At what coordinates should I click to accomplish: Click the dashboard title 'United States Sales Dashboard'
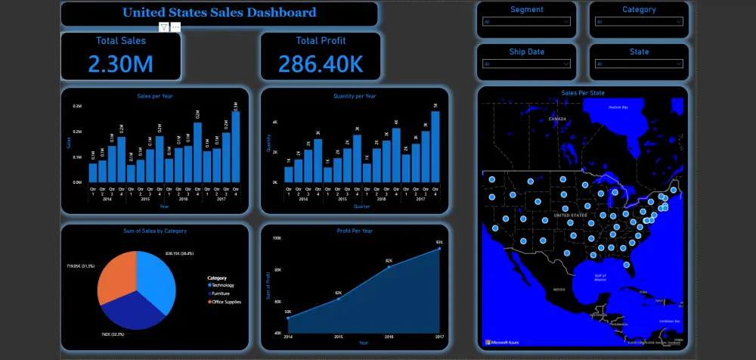point(219,13)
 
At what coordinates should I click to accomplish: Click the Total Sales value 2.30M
point(120,64)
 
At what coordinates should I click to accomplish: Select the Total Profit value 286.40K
point(321,64)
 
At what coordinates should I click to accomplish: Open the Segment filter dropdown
point(526,22)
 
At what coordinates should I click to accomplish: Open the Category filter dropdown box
point(639,22)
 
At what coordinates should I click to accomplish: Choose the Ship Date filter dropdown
point(526,64)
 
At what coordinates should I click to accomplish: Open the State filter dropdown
point(639,64)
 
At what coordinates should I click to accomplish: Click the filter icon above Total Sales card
point(163,27)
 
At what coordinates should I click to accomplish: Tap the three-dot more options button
point(175,27)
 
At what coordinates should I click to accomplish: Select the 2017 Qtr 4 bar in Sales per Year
point(236,147)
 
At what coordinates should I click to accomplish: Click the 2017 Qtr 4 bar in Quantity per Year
point(435,147)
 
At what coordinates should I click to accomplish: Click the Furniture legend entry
point(222,293)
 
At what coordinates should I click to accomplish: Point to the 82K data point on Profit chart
point(389,266)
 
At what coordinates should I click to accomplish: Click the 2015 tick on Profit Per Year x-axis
point(338,337)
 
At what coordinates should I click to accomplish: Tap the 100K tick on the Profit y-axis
point(277,238)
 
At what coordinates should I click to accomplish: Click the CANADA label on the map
point(556,119)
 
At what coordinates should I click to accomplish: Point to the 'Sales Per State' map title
point(582,93)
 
